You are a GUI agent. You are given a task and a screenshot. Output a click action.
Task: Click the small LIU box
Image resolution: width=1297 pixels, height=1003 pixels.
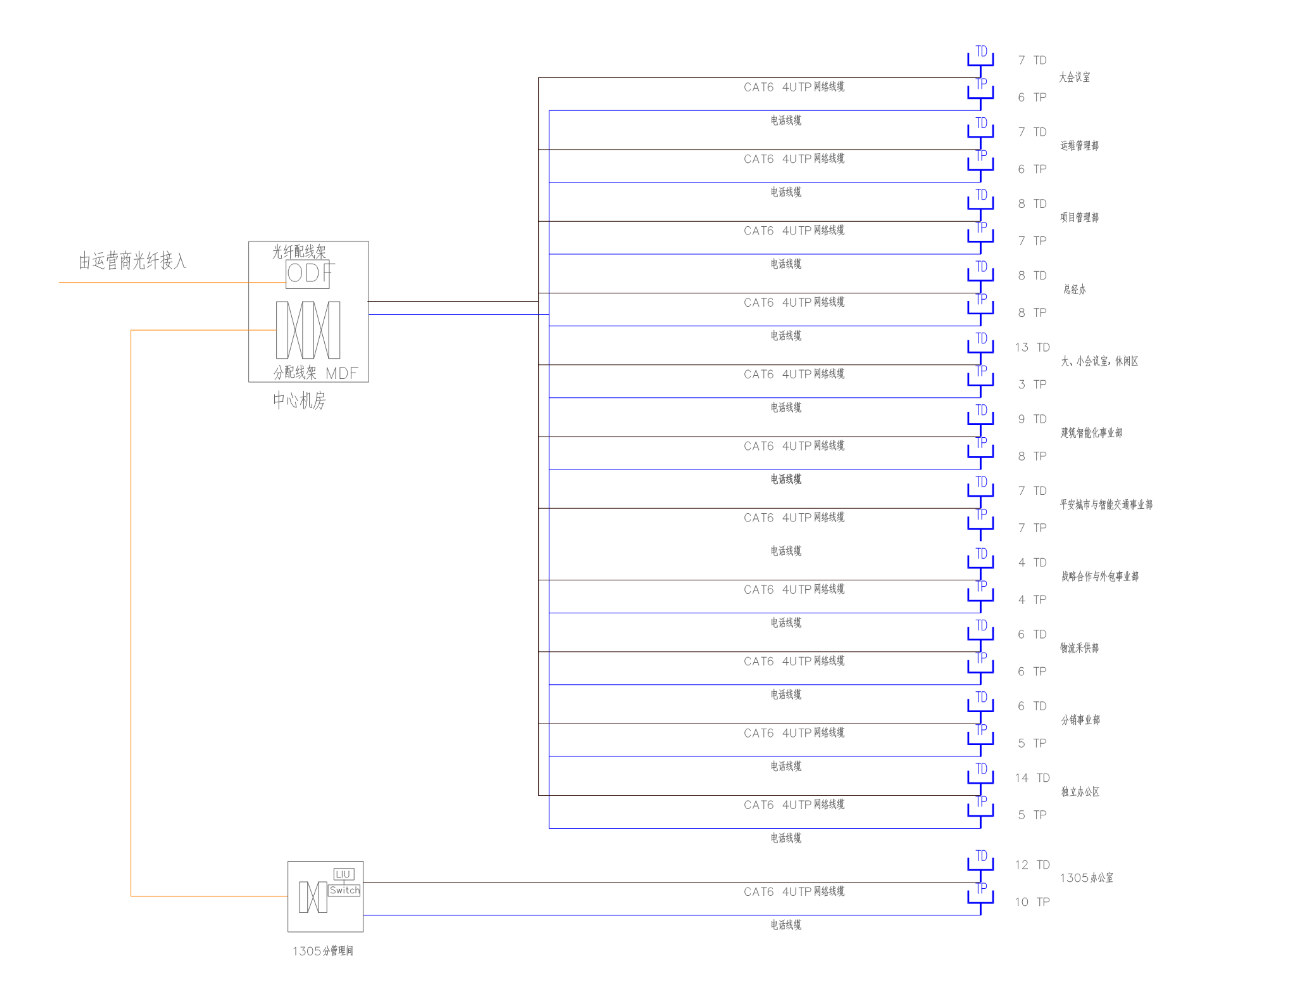(x=343, y=874)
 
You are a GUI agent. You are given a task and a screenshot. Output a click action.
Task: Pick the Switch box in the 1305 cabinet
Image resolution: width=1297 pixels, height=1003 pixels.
(x=344, y=890)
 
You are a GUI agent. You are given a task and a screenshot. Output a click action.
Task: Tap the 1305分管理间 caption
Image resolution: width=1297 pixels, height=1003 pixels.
(x=323, y=951)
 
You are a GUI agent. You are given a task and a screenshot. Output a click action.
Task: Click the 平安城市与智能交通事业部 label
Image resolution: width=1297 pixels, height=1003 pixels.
(x=1106, y=504)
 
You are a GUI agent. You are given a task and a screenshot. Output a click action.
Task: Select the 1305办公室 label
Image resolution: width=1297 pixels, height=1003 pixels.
(x=1086, y=878)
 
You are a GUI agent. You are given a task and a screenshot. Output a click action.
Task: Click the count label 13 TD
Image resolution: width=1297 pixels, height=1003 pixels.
(x=1032, y=347)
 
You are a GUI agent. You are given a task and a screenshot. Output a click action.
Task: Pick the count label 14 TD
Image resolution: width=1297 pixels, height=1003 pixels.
(x=1032, y=778)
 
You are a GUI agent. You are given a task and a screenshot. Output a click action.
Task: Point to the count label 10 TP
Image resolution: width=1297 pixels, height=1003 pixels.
(x=1032, y=902)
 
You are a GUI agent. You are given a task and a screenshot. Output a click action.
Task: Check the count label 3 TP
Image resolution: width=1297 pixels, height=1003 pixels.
(x=1032, y=384)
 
